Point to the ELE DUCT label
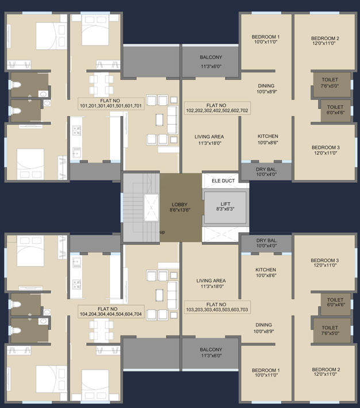(223, 180)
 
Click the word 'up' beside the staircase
(162, 232)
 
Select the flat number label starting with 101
(111, 103)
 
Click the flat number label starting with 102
(217, 108)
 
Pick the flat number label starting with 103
(217, 307)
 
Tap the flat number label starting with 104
(111, 311)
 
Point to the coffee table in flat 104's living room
(159, 295)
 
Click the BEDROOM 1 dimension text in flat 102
(266, 41)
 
